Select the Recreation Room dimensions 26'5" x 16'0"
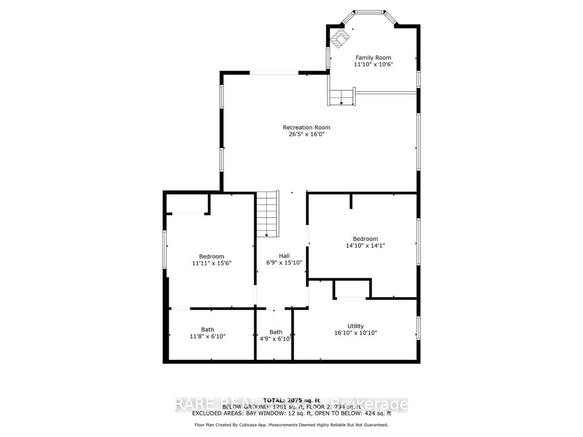[306, 134]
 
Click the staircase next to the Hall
[267, 214]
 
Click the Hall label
[284, 256]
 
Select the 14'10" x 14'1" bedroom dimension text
[365, 246]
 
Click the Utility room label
[355, 326]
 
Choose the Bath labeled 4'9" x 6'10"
[275, 335]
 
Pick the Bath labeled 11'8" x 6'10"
[207, 333]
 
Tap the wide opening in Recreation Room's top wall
[274, 73]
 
